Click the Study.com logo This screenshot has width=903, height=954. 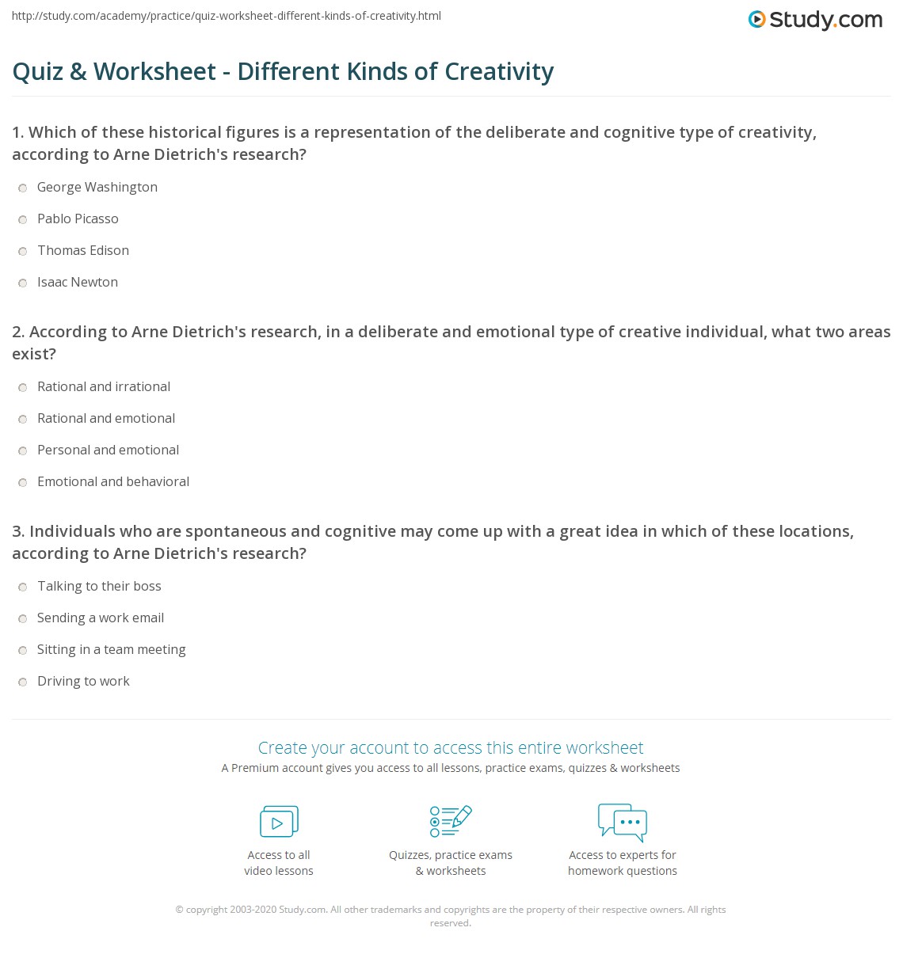(815, 20)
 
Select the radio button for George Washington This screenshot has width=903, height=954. (23, 188)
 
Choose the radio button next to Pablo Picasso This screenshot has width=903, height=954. (23, 219)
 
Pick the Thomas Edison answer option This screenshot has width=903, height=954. (82, 250)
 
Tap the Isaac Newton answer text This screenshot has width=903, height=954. (77, 282)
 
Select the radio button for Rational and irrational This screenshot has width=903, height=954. (23, 387)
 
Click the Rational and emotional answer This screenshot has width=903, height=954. (105, 418)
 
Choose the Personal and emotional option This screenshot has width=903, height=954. (108, 450)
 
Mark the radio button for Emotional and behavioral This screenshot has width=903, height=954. (23, 482)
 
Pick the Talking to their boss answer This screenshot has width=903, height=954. (99, 586)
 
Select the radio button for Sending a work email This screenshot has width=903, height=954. (23, 618)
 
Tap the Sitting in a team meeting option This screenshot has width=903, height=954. (111, 649)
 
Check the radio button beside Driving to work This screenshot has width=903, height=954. (23, 682)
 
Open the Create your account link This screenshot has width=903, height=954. (450, 747)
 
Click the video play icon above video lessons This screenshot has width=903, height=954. (279, 822)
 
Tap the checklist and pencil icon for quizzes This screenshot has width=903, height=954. (451, 821)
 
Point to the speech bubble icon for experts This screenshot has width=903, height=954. (623, 821)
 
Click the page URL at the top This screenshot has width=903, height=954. (226, 16)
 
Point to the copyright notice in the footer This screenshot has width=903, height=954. (450, 916)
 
